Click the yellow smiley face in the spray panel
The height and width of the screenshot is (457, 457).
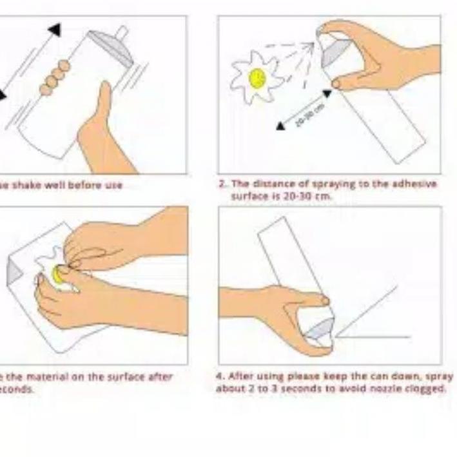coord(257,79)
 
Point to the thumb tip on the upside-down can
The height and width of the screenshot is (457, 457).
coord(325,300)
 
